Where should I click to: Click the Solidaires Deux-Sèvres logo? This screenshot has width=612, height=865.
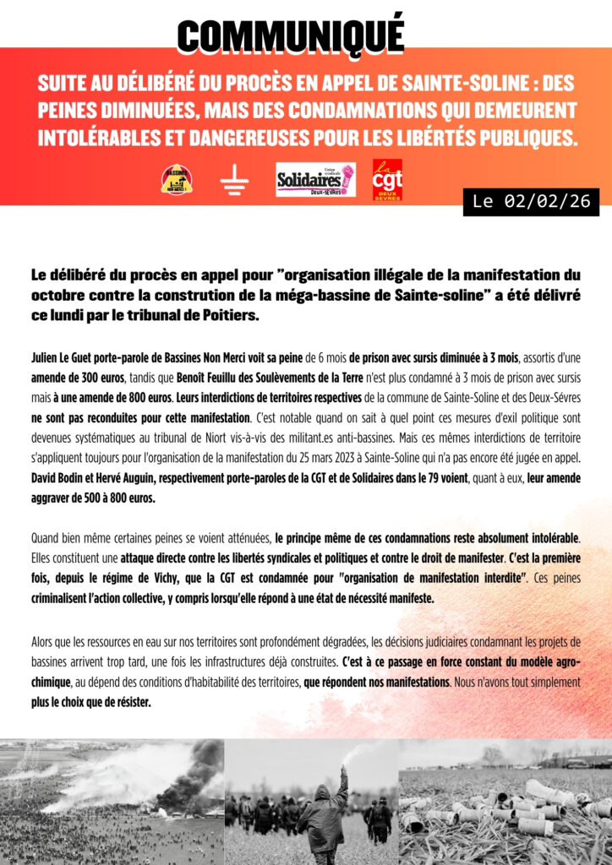coord(315,180)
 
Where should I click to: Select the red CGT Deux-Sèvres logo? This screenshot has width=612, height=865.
coord(387,179)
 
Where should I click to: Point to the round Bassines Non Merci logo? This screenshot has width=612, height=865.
coord(177,180)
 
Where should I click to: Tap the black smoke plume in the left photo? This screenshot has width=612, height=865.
coord(199,769)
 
